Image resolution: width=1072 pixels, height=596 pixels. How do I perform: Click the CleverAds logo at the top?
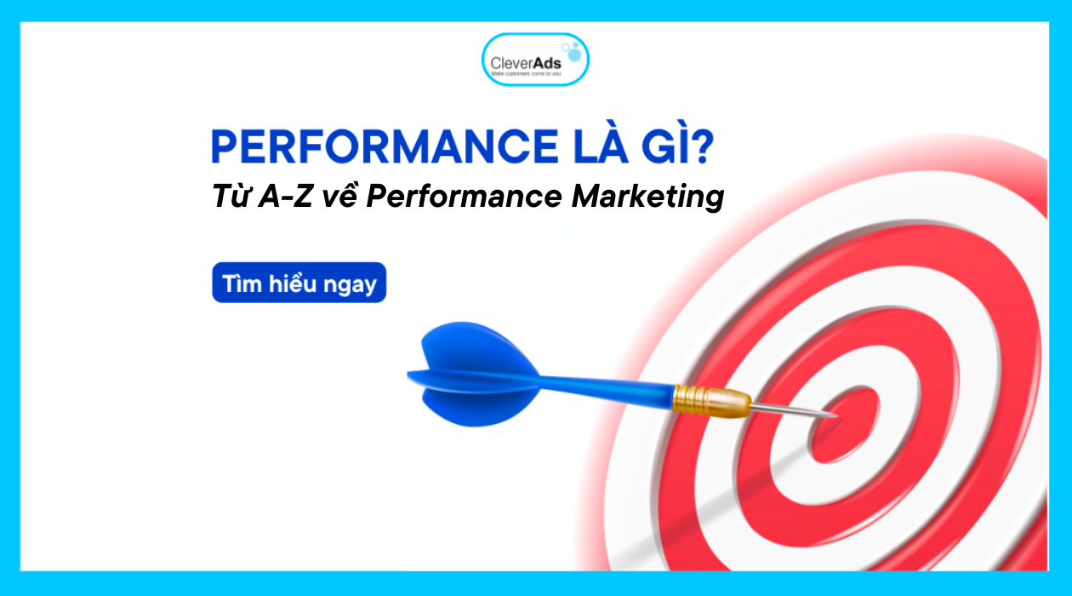(x=535, y=60)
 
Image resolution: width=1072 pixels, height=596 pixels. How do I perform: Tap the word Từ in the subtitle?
(x=231, y=197)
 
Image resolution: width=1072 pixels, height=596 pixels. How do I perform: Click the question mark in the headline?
(x=703, y=147)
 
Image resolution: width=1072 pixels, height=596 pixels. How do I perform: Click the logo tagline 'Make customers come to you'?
(x=526, y=75)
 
